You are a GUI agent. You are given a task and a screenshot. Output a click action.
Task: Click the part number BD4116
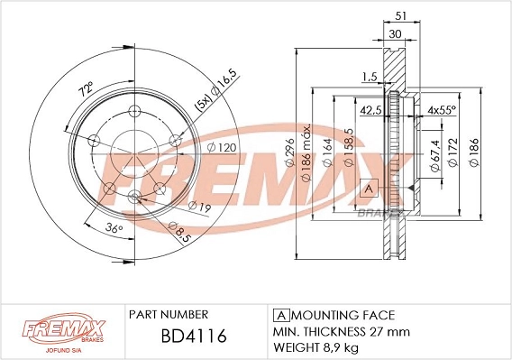194,336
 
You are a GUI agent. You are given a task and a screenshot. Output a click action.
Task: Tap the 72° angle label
86,89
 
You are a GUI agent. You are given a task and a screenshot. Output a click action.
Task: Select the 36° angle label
114,228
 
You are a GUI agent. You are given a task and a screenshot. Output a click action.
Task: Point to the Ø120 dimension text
222,147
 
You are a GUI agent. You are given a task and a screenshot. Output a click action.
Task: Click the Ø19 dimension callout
199,207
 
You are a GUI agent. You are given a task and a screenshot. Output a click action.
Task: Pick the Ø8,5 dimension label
178,231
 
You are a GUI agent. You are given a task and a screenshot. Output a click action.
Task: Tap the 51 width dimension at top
400,15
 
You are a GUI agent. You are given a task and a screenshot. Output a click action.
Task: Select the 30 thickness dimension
395,33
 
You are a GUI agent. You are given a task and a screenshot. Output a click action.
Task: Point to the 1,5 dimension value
370,77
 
